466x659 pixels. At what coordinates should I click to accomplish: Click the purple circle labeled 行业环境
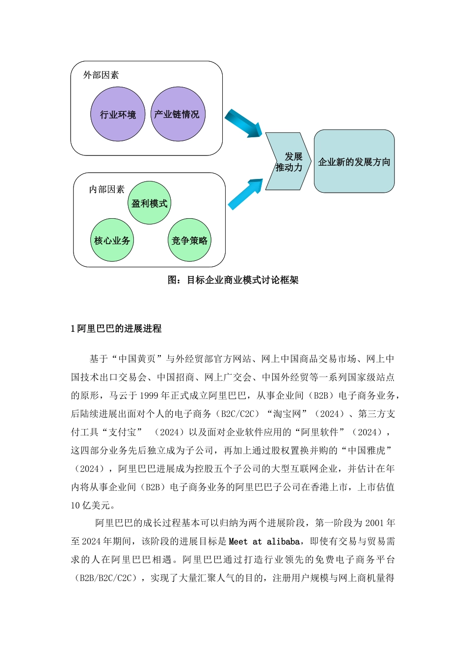click(x=118, y=114)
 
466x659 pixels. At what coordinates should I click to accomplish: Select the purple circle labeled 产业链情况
click(x=178, y=114)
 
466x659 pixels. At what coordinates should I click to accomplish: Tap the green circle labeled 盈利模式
click(x=149, y=203)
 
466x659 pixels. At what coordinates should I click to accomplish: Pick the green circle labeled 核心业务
click(x=112, y=240)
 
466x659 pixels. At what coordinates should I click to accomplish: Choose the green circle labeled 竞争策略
click(x=189, y=240)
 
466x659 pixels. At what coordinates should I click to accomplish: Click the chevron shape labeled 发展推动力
click(x=288, y=162)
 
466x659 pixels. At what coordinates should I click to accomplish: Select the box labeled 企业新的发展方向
click(x=354, y=161)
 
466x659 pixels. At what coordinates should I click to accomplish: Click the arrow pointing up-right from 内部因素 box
click(x=245, y=194)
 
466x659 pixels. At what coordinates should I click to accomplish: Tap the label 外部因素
click(x=101, y=75)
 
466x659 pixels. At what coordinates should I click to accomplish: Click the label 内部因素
click(x=107, y=189)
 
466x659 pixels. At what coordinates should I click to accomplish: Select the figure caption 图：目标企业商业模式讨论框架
click(x=233, y=280)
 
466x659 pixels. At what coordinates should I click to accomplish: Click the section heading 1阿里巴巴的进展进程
click(x=116, y=329)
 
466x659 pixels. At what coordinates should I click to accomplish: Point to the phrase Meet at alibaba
click(x=264, y=541)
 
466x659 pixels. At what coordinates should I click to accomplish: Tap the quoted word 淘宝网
click(x=287, y=414)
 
